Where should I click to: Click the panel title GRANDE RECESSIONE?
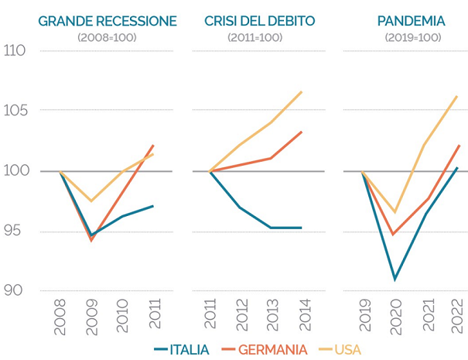(x=108, y=21)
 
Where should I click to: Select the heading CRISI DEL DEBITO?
(x=259, y=21)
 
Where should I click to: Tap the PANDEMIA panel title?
(x=410, y=21)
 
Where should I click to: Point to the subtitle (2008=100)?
(x=107, y=37)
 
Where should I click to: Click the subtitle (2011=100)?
(x=258, y=37)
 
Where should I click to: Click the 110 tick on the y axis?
(x=15, y=51)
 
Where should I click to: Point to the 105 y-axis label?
(x=15, y=111)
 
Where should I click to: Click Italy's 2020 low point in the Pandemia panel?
(x=395, y=279)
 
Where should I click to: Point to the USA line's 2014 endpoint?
(x=302, y=91)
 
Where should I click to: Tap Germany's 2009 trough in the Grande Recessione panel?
(x=92, y=240)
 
